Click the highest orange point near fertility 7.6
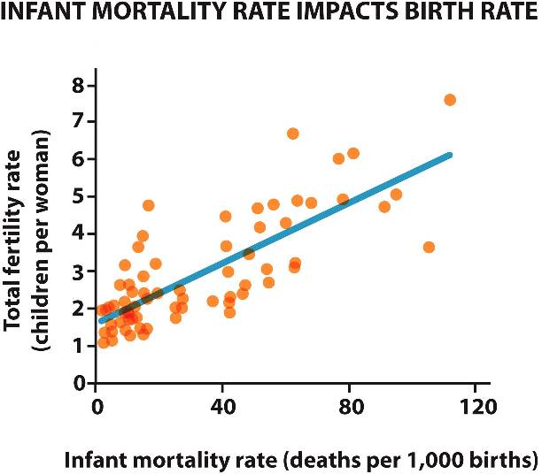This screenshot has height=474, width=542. click(x=449, y=100)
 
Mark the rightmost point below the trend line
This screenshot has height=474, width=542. click(x=429, y=247)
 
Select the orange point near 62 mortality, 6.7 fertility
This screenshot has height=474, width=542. click(x=293, y=134)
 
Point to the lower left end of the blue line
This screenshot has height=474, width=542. click(x=102, y=321)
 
